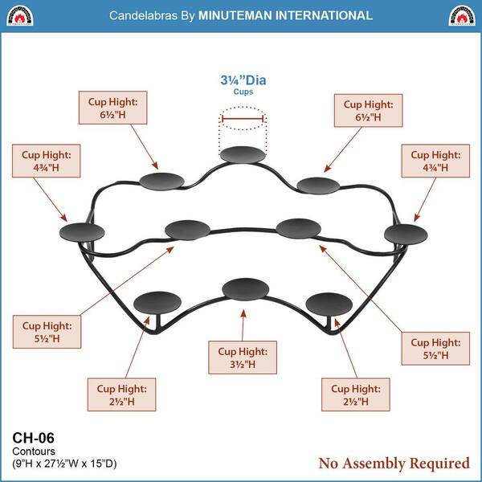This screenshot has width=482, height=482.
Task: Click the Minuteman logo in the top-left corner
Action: coord(19,15)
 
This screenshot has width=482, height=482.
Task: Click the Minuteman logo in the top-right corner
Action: coord(462,15)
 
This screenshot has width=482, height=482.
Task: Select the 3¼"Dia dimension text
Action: coord(243,80)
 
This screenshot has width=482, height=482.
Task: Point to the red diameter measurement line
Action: coord(243,118)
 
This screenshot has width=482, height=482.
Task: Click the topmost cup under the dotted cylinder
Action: coord(243,154)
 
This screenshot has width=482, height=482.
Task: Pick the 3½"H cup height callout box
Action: coord(243,357)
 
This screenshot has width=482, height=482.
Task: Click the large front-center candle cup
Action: coord(245,289)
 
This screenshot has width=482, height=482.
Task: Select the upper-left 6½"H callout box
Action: coord(112,108)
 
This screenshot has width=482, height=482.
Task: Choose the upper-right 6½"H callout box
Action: coord(368,110)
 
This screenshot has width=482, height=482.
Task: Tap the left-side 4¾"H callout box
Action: coord(46,161)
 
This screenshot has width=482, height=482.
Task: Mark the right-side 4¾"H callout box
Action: coord(435,161)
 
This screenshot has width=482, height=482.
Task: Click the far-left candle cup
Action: coord(82,232)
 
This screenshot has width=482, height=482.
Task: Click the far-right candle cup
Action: coord(406,235)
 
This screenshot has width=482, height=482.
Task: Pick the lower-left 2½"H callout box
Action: coord(122,394)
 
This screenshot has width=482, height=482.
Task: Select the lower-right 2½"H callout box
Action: coord(356,394)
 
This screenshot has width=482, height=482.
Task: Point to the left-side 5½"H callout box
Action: coord(47,332)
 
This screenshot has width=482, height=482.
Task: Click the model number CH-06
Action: coord(33,438)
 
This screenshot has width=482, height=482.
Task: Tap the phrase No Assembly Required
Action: coord(394,464)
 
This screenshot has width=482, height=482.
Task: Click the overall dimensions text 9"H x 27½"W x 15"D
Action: coord(64,464)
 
